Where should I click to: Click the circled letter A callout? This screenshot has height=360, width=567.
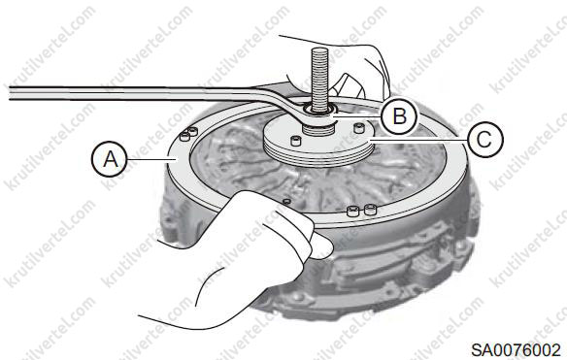pyautogui.click(x=110, y=159)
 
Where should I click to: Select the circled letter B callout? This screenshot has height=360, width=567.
pyautogui.click(x=399, y=116)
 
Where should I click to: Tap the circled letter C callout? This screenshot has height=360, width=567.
pyautogui.click(x=484, y=140)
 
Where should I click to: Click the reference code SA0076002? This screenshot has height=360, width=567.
pyautogui.click(x=516, y=350)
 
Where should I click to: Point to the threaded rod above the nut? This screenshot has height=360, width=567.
pyautogui.click(x=319, y=80)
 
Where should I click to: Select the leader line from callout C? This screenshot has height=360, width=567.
pyautogui.click(x=418, y=139)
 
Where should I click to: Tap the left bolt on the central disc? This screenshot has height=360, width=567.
pyautogui.click(x=296, y=141)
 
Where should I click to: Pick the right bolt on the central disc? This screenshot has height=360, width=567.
pyautogui.click(x=358, y=128)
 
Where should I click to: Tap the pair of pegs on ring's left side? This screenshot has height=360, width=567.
pyautogui.click(x=188, y=134)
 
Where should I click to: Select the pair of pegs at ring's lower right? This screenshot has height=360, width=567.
pyautogui.click(x=361, y=210)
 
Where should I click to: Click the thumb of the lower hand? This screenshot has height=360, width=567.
pyautogui.click(x=320, y=245)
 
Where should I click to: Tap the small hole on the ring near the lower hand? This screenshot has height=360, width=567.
pyautogui.click(x=286, y=201)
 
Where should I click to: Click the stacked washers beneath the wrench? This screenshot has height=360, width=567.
pyautogui.click(x=318, y=129)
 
